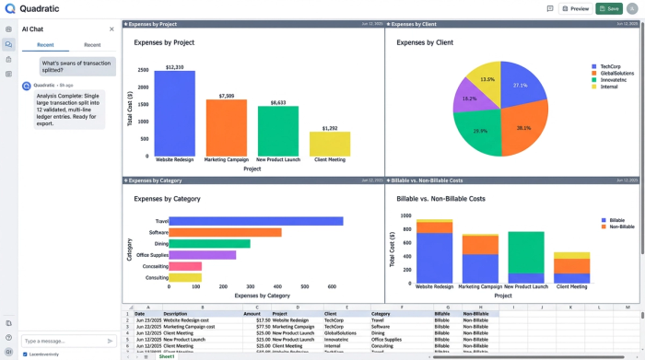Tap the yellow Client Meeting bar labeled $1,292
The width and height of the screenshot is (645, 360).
pyautogui.click(x=329, y=144)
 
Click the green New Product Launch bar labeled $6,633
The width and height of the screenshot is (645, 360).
pyautogui.click(x=277, y=131)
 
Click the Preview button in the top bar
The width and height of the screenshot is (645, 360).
pyautogui.click(x=576, y=8)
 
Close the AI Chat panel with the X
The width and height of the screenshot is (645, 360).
pyautogui.click(x=112, y=29)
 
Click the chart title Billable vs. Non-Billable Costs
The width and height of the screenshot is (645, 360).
pyautogui.click(x=440, y=198)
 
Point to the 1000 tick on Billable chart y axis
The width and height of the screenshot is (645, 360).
pyautogui.click(x=406, y=216)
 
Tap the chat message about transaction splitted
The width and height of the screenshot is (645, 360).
pyautogui.click(x=77, y=66)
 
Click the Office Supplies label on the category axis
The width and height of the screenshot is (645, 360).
pyautogui.click(x=151, y=255)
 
